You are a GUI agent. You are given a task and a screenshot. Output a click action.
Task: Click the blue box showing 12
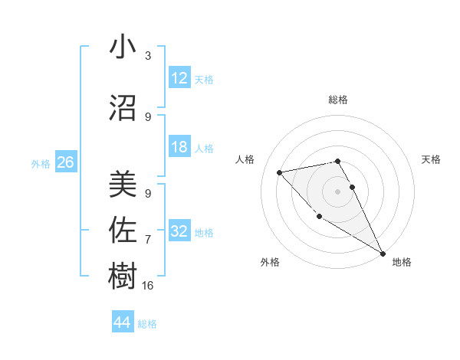click(x=179, y=78)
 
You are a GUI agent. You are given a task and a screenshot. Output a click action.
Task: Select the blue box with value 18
click(x=179, y=147)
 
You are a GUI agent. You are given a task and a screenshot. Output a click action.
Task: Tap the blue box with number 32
click(x=179, y=231)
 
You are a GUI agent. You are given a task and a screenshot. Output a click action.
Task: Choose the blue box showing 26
click(x=65, y=162)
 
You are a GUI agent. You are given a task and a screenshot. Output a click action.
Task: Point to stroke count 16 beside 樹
click(x=149, y=286)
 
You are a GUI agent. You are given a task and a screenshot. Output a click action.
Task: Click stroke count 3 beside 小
click(x=148, y=56)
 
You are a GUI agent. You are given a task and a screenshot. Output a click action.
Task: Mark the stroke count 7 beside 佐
click(x=148, y=240)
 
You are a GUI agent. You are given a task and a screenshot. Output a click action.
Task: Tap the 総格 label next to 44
click(x=147, y=324)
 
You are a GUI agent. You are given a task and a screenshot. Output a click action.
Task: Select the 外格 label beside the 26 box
click(x=41, y=164)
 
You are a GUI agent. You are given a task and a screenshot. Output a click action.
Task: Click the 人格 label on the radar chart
click(x=245, y=159)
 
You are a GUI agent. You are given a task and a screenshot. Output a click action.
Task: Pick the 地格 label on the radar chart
click(x=402, y=263)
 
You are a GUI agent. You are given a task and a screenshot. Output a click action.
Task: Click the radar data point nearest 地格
click(x=383, y=254)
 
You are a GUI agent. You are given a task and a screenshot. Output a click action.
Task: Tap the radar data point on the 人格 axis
click(x=280, y=172)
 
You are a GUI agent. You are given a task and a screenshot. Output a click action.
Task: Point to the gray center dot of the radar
click(x=337, y=191)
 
